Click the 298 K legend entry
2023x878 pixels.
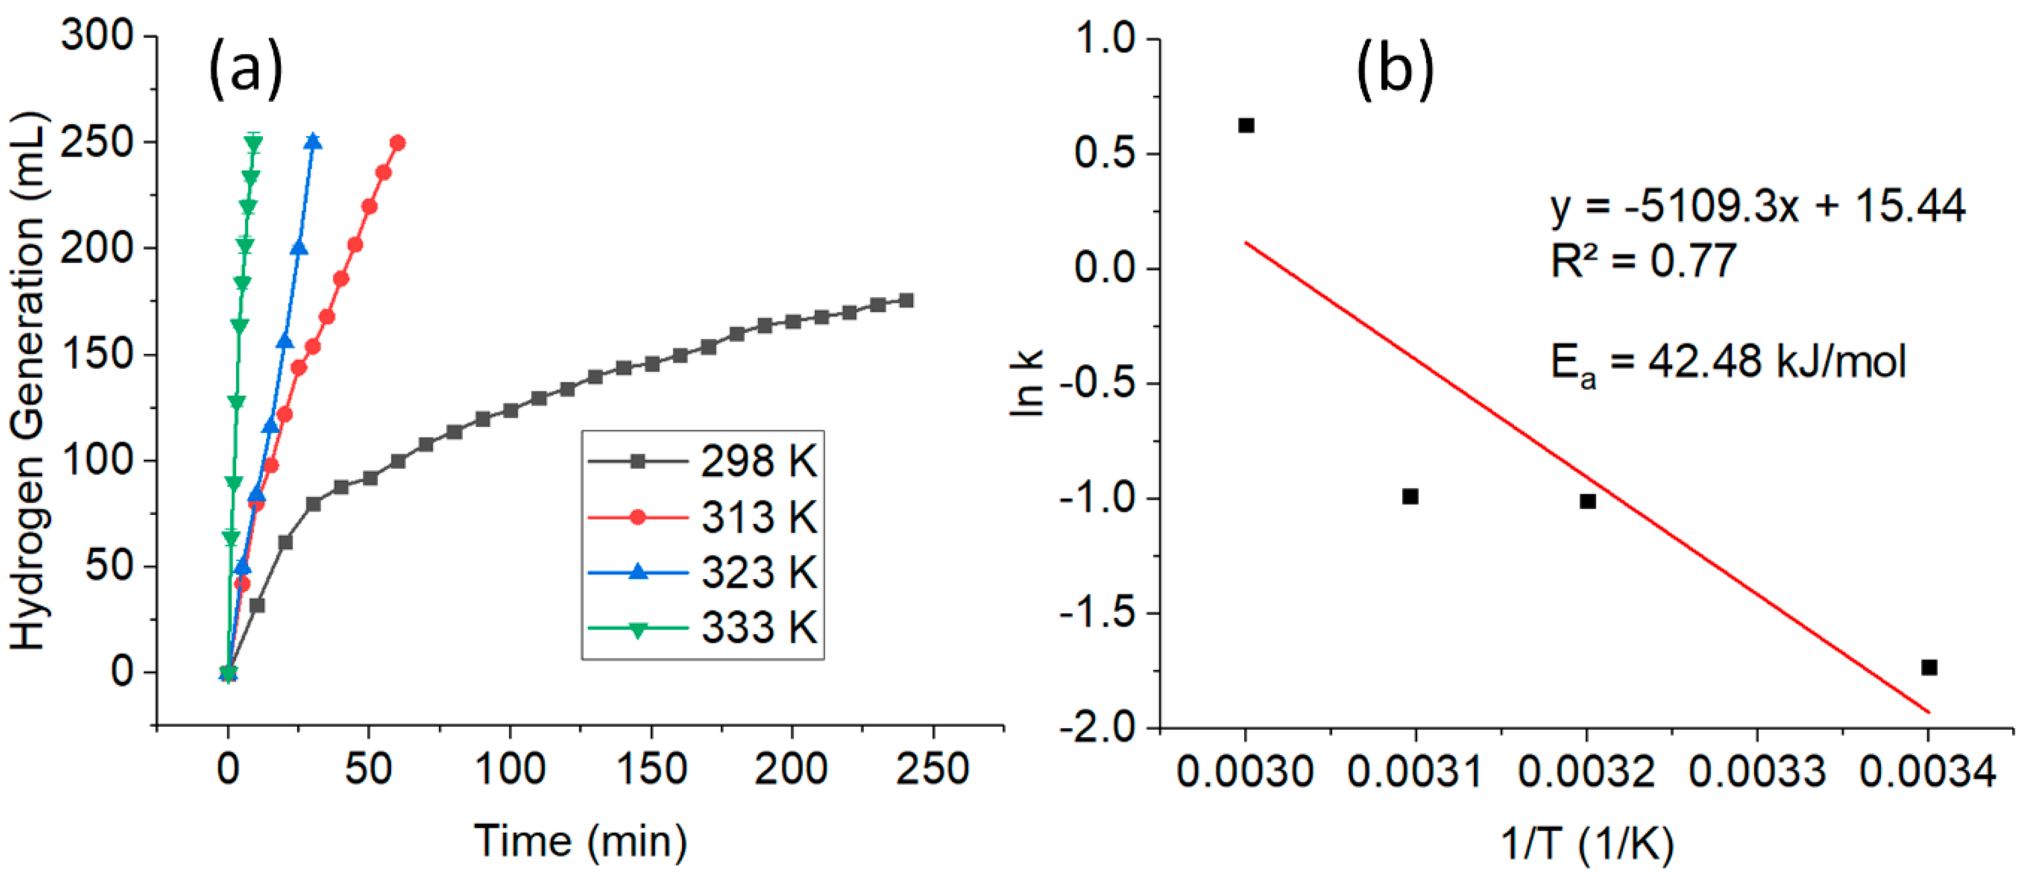click(703, 461)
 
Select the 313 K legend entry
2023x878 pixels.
click(703, 517)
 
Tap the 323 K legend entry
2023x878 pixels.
click(703, 572)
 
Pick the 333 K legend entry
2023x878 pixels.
click(703, 628)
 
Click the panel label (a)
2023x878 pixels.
click(245, 70)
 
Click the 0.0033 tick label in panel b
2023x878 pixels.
click(1757, 771)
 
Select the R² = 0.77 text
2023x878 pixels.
click(1643, 261)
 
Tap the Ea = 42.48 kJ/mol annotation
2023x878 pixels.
click(1728, 364)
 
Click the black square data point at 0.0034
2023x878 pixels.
click(1929, 668)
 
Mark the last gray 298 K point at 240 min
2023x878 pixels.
click(905, 300)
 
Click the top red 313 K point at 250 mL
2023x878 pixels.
click(397, 143)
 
